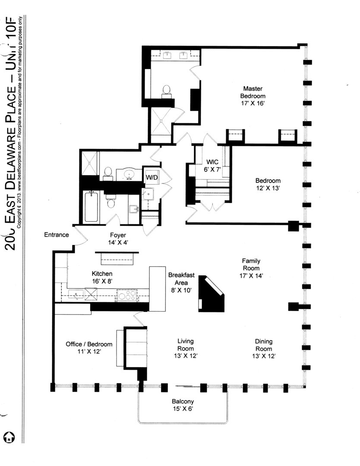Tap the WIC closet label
pos(212,166)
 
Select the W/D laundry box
pos(151,177)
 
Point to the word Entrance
pos(57,235)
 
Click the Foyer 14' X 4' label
pos(117,239)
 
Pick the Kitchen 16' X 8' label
pos(102,277)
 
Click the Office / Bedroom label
pos(89,348)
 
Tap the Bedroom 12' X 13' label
pos(268,185)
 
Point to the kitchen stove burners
pos(127,296)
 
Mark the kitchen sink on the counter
pos(77,295)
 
